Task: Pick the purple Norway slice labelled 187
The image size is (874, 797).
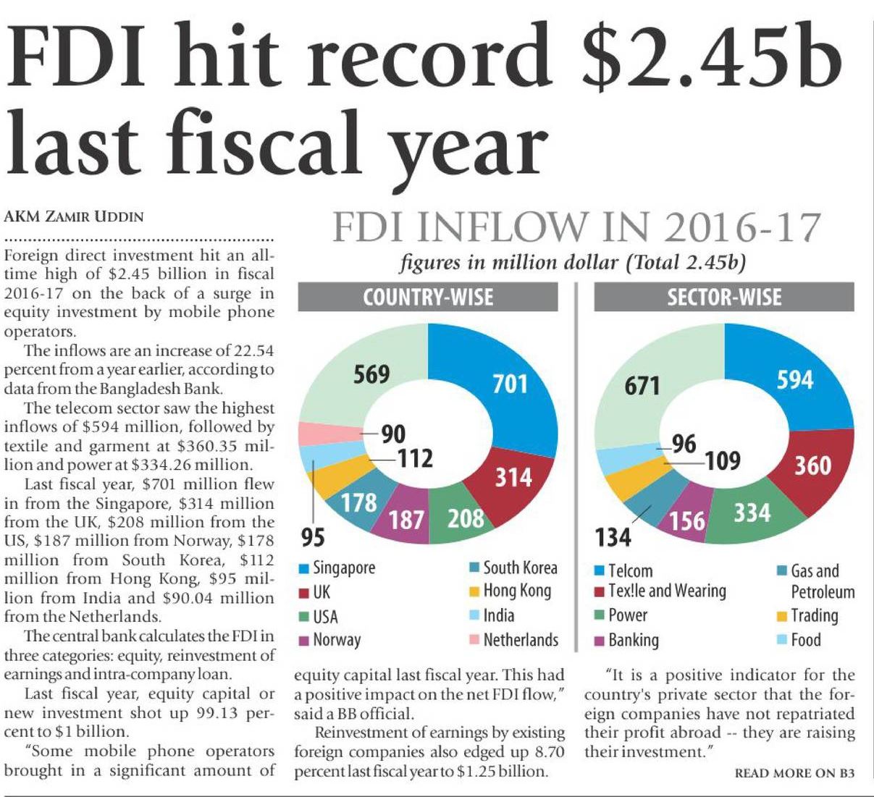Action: pos(406,518)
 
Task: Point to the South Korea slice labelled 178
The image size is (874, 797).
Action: pos(358,502)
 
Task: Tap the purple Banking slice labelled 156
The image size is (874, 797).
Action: pos(686,519)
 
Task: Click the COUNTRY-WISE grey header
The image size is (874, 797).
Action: pos(428,298)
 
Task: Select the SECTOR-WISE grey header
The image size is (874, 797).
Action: pos(723,298)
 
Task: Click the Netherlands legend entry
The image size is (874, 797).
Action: pos(513,640)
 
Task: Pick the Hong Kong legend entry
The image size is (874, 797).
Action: pos(510,591)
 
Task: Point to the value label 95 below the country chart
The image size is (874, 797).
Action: pos(313,538)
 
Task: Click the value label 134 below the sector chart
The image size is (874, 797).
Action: pos(613,538)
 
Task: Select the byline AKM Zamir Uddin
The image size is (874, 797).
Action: pos(74,216)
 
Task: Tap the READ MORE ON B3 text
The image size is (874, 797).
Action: pos(794,773)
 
